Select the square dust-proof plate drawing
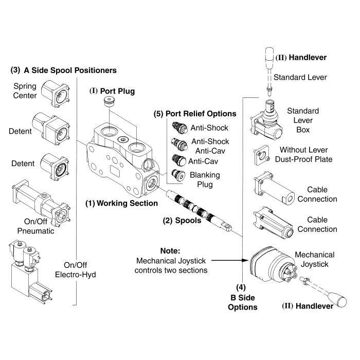pos(261,154)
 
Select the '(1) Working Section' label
pos(121,203)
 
